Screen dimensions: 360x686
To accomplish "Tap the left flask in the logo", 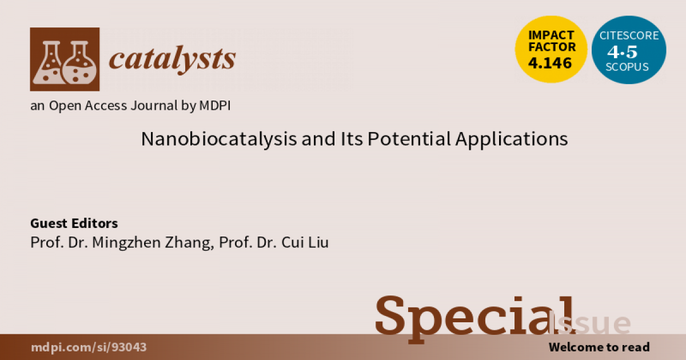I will click(x=48, y=64).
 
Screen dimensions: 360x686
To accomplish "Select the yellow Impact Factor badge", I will click(x=551, y=49).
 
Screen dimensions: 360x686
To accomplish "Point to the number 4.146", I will click(x=551, y=63).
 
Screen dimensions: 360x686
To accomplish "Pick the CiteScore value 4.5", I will click(x=629, y=51).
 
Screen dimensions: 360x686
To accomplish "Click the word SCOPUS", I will click(x=629, y=66).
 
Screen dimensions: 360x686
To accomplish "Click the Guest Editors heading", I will click(x=74, y=223).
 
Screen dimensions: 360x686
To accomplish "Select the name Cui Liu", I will click(x=305, y=242).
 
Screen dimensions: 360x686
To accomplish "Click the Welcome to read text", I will click(x=599, y=347).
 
